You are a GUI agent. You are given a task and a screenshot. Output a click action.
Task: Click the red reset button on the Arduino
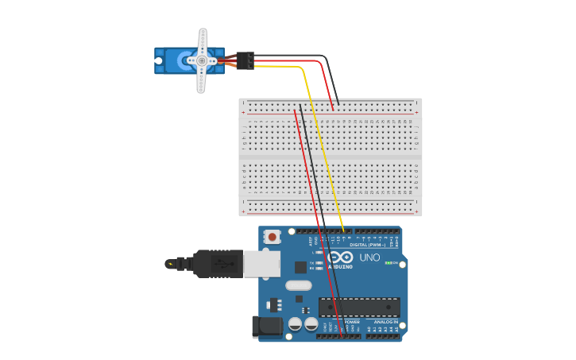(x=273, y=236)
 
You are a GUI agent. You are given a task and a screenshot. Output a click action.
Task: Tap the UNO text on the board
(x=369, y=257)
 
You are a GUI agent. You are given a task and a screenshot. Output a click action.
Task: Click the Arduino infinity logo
(x=339, y=257)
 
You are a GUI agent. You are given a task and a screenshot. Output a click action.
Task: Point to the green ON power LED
(x=387, y=263)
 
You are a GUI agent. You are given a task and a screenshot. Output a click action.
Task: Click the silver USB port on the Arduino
(x=261, y=264)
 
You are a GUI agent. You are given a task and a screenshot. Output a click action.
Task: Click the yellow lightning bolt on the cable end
(x=169, y=263)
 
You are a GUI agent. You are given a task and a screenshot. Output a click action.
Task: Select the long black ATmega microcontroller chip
(x=359, y=307)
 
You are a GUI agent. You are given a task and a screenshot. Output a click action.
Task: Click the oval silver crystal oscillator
(x=299, y=285)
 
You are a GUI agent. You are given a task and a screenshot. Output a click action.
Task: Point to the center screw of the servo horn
(x=202, y=60)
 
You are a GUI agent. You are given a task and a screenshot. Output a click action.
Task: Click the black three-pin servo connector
(x=245, y=60)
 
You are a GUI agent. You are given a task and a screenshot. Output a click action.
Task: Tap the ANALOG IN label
(x=375, y=322)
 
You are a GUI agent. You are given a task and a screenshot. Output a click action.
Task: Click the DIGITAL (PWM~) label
(x=368, y=244)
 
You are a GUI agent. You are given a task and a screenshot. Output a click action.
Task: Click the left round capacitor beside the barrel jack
(x=295, y=323)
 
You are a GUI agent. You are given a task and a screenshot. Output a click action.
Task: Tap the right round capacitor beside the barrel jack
(x=311, y=323)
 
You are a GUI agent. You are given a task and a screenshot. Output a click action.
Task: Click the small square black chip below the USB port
(x=300, y=267)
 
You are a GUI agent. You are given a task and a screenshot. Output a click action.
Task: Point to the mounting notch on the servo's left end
(x=159, y=60)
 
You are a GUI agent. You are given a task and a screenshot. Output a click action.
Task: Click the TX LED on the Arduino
(x=319, y=262)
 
